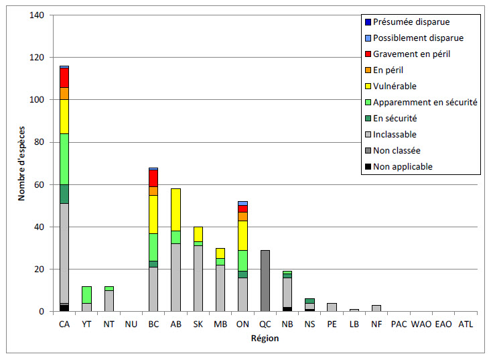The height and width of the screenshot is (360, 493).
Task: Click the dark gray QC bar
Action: pos(265,281)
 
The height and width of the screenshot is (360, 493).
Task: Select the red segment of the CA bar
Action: pos(64,77)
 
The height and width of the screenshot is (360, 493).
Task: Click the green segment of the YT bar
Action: pos(86,294)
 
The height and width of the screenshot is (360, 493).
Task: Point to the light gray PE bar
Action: pos(332,307)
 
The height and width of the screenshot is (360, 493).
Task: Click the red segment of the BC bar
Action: pos(154,178)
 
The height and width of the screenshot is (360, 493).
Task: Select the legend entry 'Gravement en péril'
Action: pos(411,54)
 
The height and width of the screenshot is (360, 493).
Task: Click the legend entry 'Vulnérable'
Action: pos(395,86)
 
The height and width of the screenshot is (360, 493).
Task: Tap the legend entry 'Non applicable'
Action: pos(403,166)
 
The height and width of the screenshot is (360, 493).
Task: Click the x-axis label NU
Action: pos(131,324)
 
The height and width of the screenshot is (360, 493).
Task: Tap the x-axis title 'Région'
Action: pos(265,339)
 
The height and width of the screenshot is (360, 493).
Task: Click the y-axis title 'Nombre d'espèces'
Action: pos(22,164)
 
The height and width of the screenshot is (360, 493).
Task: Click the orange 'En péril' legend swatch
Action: pos(366,70)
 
